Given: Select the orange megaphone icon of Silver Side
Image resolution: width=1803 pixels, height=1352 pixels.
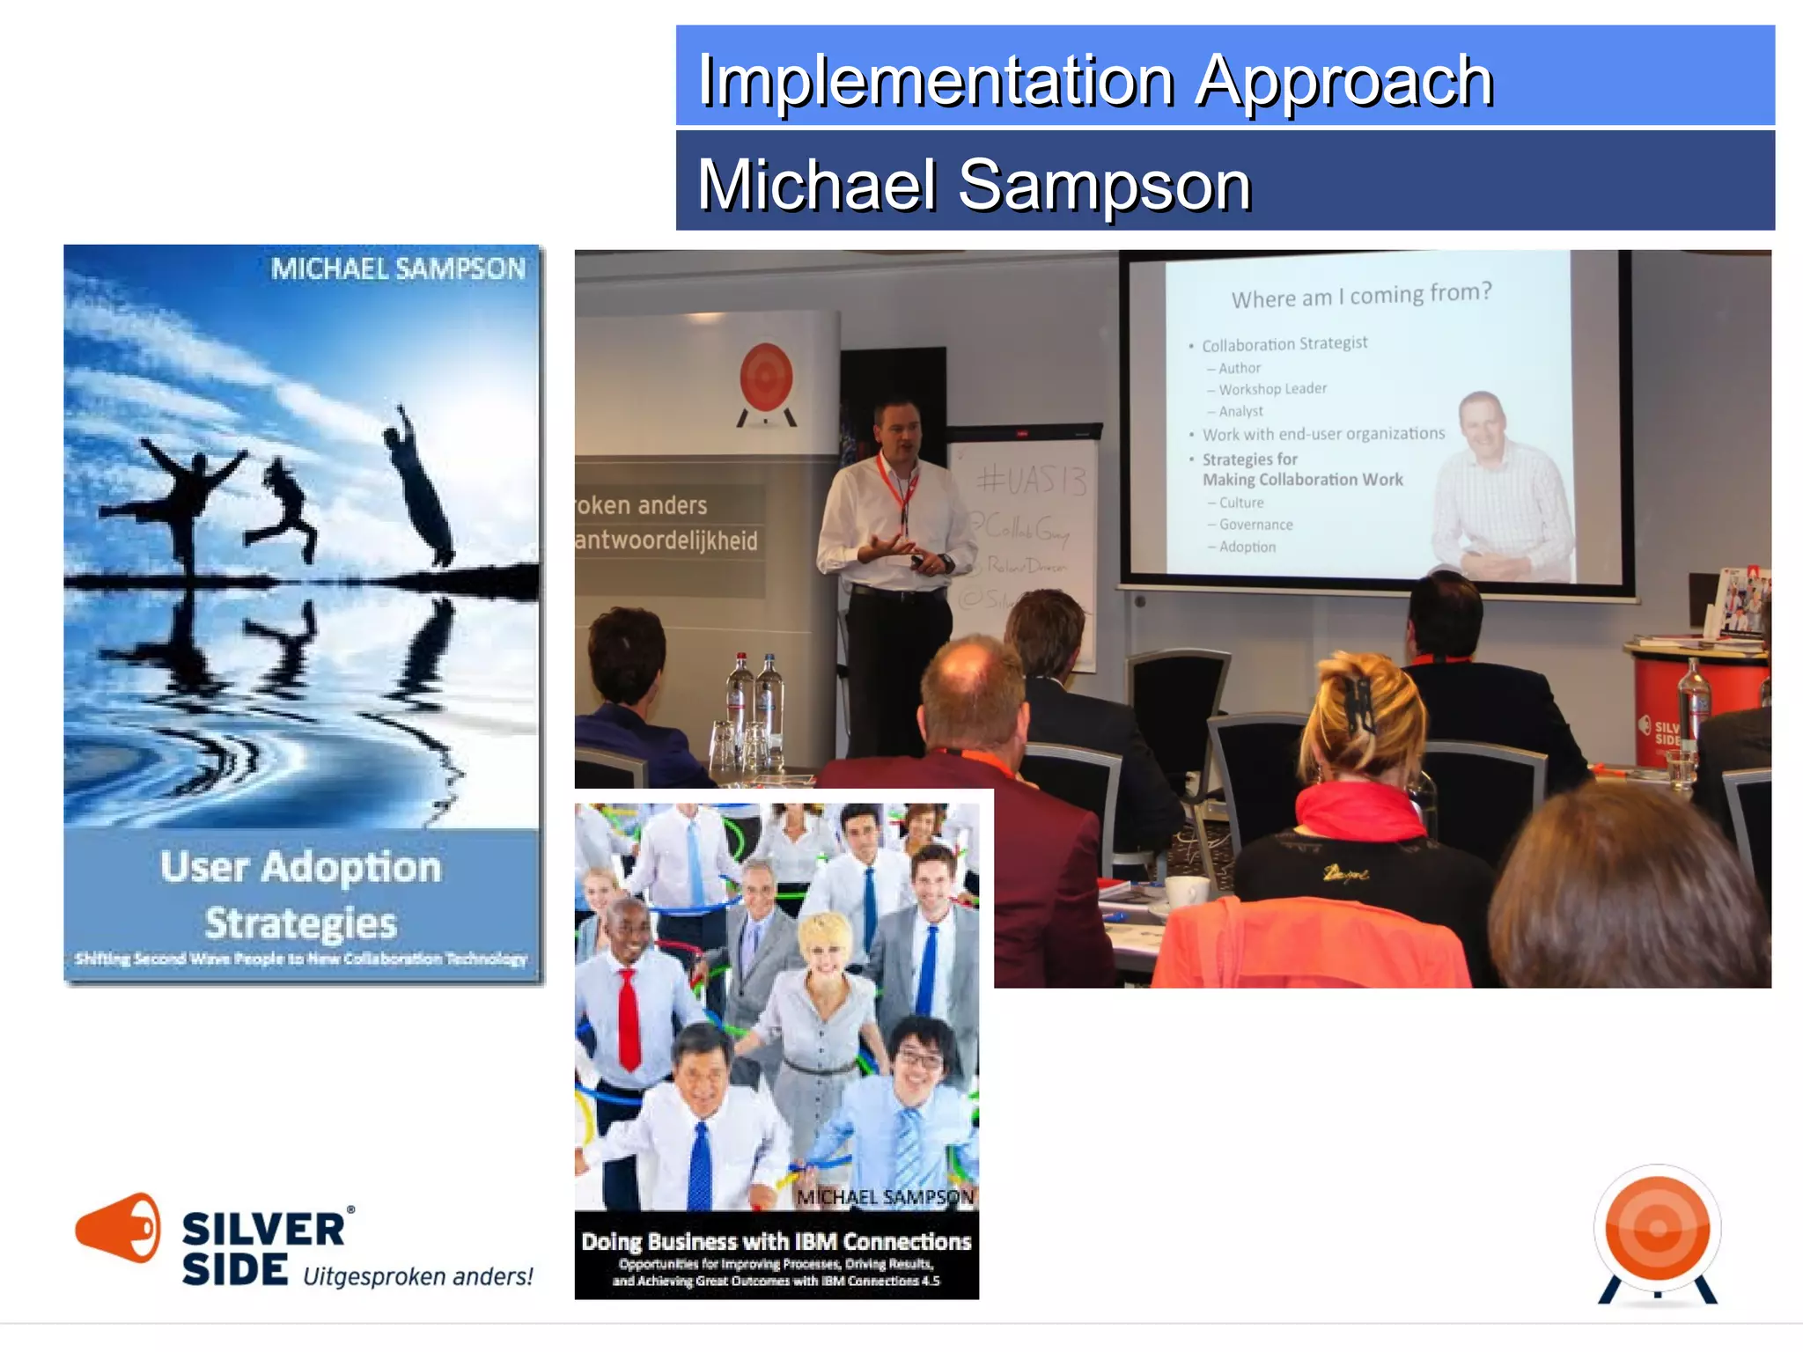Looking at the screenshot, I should [x=118, y=1228].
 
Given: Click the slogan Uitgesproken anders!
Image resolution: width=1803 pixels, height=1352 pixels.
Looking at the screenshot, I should [x=417, y=1276].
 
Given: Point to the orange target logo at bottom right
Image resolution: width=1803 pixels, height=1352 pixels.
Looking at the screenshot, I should [x=1657, y=1229].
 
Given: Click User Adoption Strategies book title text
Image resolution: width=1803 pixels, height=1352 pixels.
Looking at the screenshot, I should [x=301, y=893].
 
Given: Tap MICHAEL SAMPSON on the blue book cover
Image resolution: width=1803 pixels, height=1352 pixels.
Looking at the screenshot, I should [x=398, y=268].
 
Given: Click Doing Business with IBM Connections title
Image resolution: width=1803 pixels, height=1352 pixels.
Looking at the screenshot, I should [x=776, y=1241].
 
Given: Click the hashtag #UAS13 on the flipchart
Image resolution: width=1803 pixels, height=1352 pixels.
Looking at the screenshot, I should [x=1032, y=481].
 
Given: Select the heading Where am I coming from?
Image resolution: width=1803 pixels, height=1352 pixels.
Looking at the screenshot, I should [x=1361, y=295].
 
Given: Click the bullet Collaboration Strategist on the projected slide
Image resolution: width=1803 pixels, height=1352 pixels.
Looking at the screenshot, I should [x=1284, y=343].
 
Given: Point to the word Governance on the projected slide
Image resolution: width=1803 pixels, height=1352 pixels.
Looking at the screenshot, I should [x=1255, y=525].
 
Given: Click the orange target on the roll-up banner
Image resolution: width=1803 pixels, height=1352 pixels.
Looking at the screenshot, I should [x=766, y=377].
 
